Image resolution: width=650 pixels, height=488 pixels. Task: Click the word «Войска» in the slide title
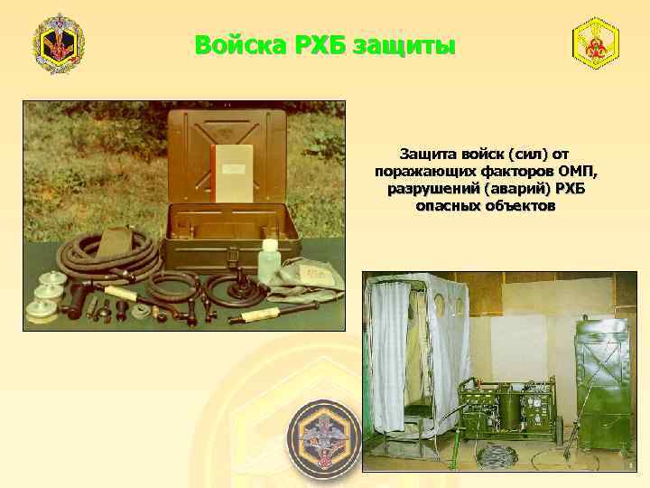click(x=233, y=44)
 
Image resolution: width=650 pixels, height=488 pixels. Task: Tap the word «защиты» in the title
click(x=404, y=44)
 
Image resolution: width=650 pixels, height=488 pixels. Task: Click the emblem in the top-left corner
click(x=59, y=44)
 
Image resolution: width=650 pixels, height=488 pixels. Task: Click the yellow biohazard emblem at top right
click(x=596, y=42)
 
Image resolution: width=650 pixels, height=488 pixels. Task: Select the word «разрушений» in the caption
click(x=427, y=189)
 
